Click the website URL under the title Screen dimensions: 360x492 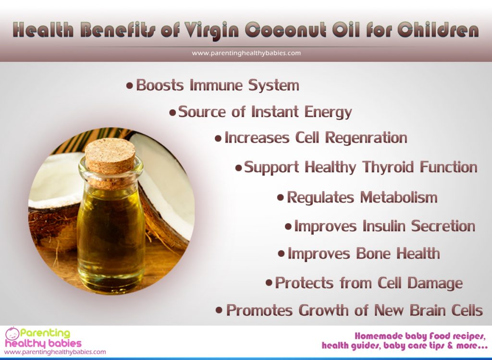pyautogui.click(x=246, y=53)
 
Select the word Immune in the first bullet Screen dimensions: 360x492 pyautogui.click(x=216, y=85)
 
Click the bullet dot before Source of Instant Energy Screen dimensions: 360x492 pyautogui.click(x=172, y=113)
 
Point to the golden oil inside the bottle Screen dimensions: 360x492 pyautogui.click(x=111, y=235)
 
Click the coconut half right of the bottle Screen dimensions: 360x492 pyautogui.click(x=168, y=202)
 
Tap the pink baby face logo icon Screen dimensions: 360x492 pyautogui.click(x=12, y=334)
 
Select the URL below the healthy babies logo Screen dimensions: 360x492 pyautogui.click(x=55, y=352)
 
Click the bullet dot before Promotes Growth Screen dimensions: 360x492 pyautogui.click(x=219, y=310)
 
